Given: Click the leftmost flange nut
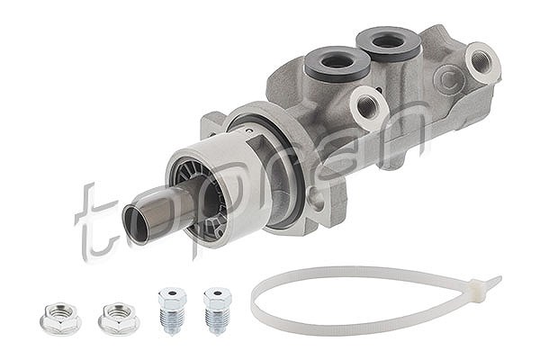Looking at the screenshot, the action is click(60, 319).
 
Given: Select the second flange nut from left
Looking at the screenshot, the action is click(119, 319).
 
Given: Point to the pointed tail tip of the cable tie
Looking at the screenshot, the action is click(500, 276).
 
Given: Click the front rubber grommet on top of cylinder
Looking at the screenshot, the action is click(337, 63).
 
